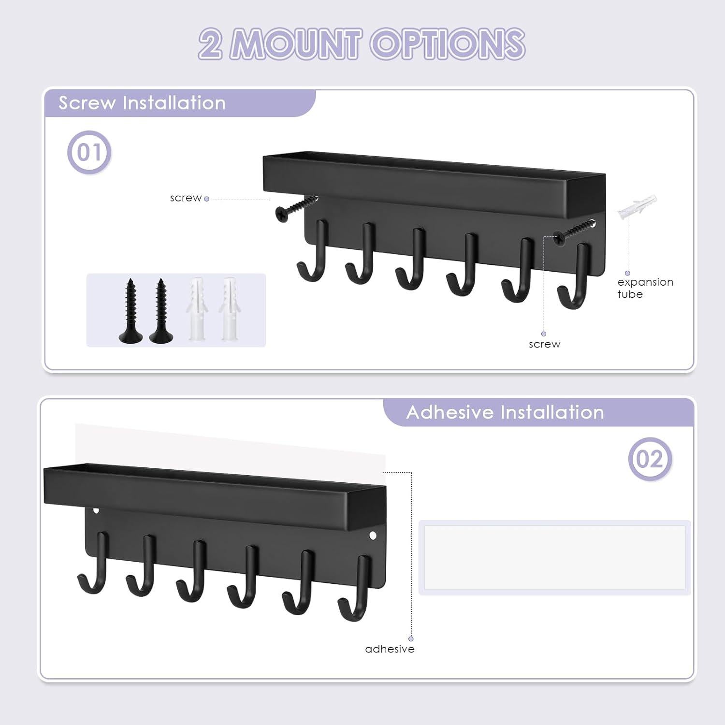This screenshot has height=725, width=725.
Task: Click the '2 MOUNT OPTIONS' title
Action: pyautogui.click(x=362, y=44)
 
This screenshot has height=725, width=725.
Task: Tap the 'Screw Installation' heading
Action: pyautogui.click(x=142, y=103)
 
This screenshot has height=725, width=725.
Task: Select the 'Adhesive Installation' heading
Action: pyautogui.click(x=505, y=412)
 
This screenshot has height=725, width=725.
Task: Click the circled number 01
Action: pyautogui.click(x=89, y=152)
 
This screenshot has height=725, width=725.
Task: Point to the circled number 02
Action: pyautogui.click(x=650, y=459)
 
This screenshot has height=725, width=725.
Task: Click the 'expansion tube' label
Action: pyautogui.click(x=645, y=288)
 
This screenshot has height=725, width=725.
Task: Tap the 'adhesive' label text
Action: pyautogui.click(x=390, y=649)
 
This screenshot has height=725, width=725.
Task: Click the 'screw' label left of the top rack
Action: pyautogui.click(x=186, y=198)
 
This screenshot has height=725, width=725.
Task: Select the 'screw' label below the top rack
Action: pyautogui.click(x=544, y=344)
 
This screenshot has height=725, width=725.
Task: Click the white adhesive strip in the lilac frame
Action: pyautogui.click(x=554, y=557)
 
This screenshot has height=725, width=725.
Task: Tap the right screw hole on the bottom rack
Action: pyautogui.click(x=373, y=535)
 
